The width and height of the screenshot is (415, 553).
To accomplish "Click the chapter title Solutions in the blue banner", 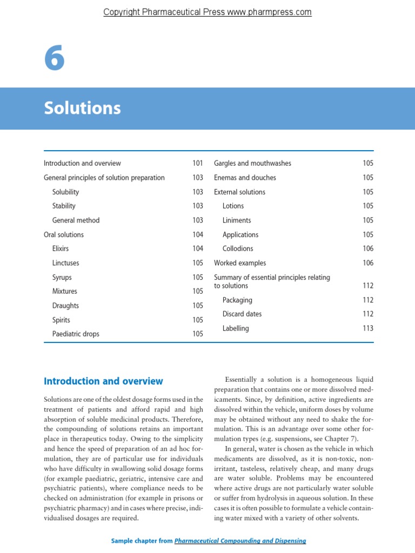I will [x=82, y=109].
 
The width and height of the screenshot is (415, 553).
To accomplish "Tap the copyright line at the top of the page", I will [x=207, y=12].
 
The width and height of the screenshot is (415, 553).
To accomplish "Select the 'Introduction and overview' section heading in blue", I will [x=103, y=381].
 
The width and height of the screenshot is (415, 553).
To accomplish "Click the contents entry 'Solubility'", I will [x=65, y=192].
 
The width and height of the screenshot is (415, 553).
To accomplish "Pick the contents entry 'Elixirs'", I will [x=61, y=248].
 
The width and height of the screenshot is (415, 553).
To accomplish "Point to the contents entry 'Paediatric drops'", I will [x=76, y=334].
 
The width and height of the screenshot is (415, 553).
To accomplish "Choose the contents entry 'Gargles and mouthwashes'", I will [x=252, y=163].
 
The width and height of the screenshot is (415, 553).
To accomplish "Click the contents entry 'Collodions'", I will [x=238, y=248].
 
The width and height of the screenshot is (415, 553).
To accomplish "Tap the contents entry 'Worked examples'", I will [x=240, y=263].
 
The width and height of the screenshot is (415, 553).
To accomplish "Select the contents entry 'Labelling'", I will [x=236, y=328].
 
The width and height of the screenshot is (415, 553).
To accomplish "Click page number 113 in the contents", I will [x=368, y=328].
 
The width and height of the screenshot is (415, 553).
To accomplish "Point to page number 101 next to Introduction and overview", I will [x=197, y=163].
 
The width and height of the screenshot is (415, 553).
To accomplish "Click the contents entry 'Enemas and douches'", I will [x=245, y=178].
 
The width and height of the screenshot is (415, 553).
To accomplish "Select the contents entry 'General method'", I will [x=76, y=220].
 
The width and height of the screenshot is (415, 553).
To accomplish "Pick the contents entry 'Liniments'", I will [x=237, y=220].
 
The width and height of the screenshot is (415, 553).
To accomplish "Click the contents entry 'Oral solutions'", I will [x=64, y=234].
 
